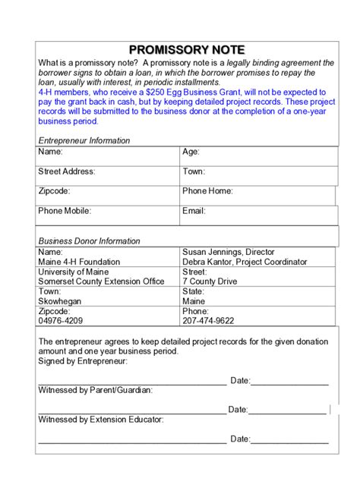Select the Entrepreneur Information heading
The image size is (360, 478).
84,140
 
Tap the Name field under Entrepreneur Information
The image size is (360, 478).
106,152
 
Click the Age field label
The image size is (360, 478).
191,152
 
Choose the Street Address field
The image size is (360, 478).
106,171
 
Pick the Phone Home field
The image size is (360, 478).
257,191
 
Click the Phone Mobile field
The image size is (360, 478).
106,211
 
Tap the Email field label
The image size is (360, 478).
194,211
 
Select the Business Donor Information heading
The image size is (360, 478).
89,241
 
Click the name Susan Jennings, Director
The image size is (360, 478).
229,252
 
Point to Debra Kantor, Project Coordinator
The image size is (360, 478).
245,262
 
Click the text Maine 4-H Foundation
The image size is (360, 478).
79,262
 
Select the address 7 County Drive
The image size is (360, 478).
210,281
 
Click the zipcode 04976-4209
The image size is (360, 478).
61,321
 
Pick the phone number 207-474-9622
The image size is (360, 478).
208,321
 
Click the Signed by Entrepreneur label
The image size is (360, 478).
83,361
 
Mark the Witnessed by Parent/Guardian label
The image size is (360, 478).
95,390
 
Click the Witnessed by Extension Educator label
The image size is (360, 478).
100,419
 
